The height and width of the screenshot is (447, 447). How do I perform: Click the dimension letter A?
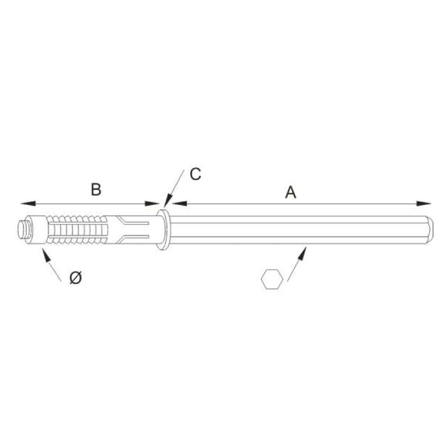click(291, 192)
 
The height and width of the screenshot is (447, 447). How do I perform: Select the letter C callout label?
click(196, 174)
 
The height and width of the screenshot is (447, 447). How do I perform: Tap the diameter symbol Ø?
click(75, 278)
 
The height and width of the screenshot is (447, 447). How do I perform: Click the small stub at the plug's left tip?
click(24, 228)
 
